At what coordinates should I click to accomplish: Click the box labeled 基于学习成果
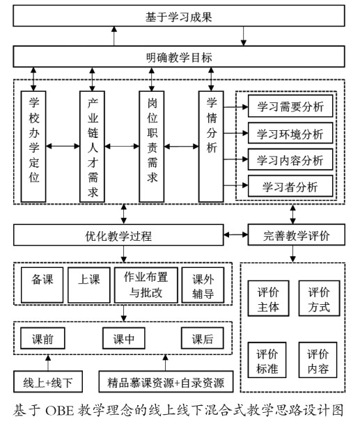[179, 16]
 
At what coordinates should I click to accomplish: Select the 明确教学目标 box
[179, 56]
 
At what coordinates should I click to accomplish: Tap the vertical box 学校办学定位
[33, 146]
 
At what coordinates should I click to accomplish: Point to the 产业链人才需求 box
[92, 146]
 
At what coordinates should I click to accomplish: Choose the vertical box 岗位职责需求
[152, 146]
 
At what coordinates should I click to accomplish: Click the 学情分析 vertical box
[211, 146]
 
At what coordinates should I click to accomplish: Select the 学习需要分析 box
[290, 106]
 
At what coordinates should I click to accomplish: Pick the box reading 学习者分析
[290, 186]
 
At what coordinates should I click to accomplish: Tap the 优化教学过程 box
[118, 235]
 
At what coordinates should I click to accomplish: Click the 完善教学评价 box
[296, 235]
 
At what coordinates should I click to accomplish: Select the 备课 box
[42, 285]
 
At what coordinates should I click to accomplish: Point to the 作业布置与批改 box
[146, 285]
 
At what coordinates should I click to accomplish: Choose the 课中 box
[124, 338]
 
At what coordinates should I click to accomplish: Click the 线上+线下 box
[48, 381]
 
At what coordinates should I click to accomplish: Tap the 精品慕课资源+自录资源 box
[166, 381]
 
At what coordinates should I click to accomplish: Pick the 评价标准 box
[267, 360]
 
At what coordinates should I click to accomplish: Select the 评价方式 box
[319, 299]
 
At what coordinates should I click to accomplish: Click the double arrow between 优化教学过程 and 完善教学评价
[235, 235]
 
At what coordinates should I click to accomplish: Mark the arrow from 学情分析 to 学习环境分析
[235, 133]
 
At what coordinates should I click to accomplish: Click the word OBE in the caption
[59, 411]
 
